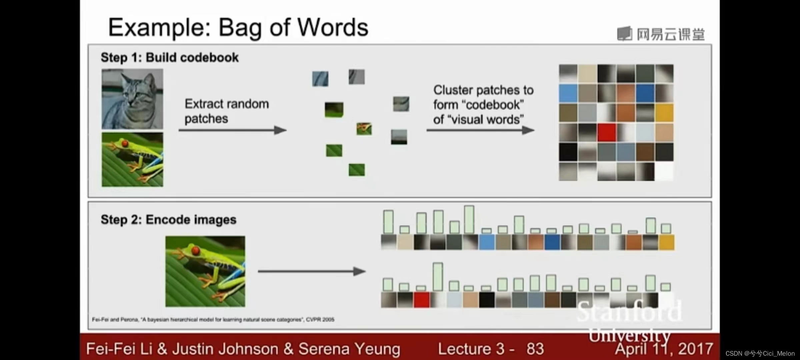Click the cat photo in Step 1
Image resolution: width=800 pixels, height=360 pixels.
132,99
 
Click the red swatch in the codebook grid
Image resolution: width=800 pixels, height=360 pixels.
607,132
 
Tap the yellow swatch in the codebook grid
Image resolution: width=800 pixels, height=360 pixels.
664,113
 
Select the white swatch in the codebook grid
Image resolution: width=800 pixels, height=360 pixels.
664,172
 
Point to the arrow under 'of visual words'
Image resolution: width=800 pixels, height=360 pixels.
480,130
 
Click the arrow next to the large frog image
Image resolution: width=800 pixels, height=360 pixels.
312,271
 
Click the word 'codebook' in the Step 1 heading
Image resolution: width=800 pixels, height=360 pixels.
209,57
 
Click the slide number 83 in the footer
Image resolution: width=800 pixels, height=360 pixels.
535,349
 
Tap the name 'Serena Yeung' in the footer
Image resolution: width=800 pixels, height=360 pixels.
349,349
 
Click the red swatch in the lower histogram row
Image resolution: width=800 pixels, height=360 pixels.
421,299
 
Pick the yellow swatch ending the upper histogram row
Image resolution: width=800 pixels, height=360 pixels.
666,242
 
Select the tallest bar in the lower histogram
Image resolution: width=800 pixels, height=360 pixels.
438,277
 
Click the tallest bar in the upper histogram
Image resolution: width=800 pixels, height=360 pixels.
469,219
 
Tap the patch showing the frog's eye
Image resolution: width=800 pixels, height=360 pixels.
364,129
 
